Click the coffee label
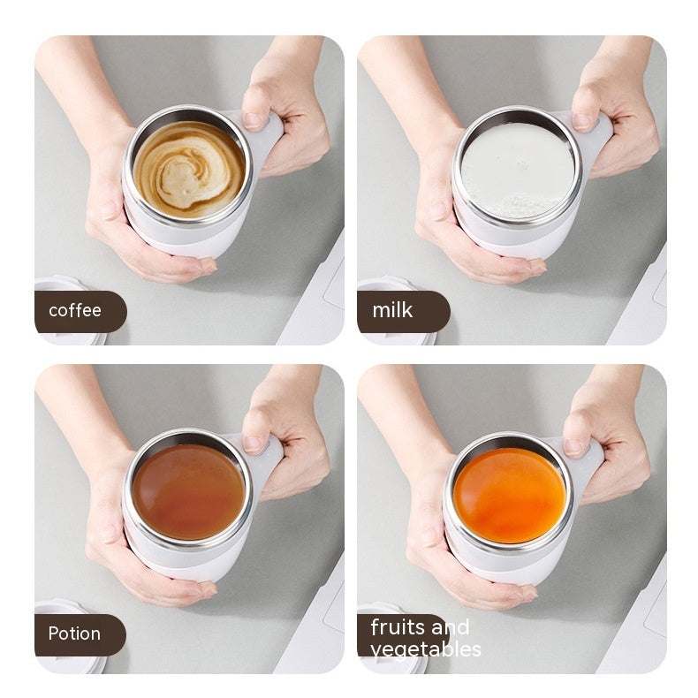76,311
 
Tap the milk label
393,311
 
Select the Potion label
75,634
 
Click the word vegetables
426,649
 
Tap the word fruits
394,627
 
